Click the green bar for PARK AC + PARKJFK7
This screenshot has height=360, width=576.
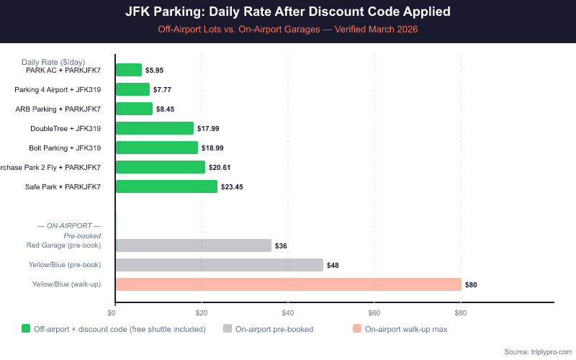coord(129,70)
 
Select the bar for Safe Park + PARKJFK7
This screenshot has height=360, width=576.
coord(166,186)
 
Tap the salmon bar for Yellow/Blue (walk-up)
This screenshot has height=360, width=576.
coord(288,284)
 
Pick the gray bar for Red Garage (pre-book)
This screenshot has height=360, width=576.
coord(193,246)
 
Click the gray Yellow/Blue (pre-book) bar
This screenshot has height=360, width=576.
coord(219,265)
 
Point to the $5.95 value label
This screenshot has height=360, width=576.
coord(155,71)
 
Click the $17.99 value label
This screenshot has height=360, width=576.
coord(208,129)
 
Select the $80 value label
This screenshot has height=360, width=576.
coord(471,285)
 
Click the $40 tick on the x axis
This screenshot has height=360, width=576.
coord(287,312)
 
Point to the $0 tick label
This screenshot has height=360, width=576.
coord(112,312)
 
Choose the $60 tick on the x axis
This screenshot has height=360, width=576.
coord(374,312)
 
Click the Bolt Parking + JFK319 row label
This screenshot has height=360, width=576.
coord(66,148)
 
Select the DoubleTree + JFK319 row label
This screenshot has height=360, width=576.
coord(66,129)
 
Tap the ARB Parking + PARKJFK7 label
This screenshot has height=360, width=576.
coord(58,109)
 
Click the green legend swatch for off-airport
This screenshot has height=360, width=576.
coord(26,329)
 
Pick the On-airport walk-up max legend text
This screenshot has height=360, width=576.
coord(406,329)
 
